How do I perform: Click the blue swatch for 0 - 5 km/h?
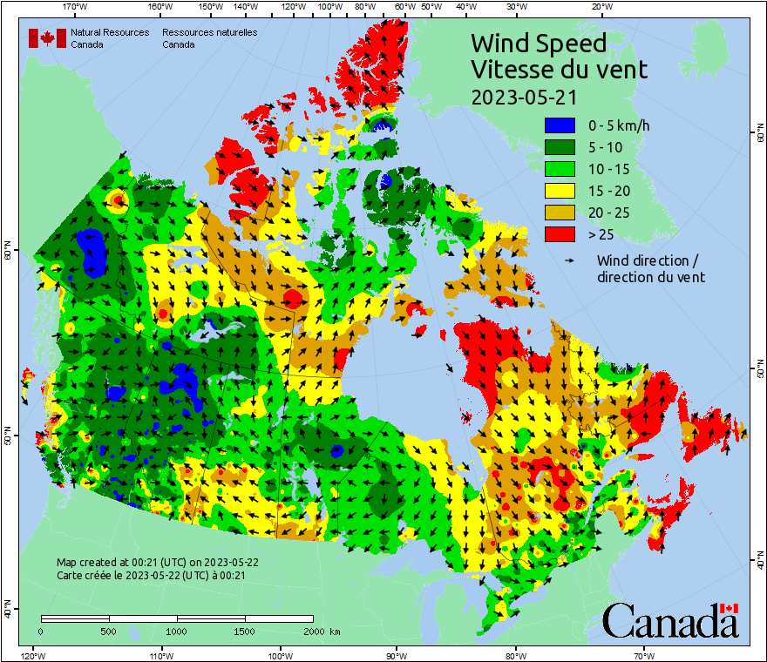560,126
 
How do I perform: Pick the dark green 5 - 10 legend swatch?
560,148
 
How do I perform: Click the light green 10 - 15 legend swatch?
560,170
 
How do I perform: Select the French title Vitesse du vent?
559,69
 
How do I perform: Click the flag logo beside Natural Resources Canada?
47,38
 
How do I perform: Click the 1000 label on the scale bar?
176,631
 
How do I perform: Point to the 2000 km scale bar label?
321,631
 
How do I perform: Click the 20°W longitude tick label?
600,7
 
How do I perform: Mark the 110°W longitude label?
160,655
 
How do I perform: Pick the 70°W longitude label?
643,655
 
